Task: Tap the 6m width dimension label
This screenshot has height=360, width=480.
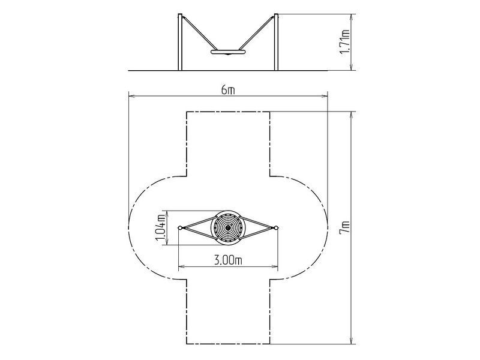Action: pos(228,91)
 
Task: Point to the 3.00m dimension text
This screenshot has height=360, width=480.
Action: pos(228,260)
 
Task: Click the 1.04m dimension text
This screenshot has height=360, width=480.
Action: pos(161,228)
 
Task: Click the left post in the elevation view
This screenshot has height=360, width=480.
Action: pos(180,42)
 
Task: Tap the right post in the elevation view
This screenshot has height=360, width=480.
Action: pos(276,42)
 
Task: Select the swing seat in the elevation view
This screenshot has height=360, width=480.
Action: pos(228,52)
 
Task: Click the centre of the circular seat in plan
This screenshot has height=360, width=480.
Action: pos(228,228)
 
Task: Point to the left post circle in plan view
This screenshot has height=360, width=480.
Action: pos(181,228)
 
